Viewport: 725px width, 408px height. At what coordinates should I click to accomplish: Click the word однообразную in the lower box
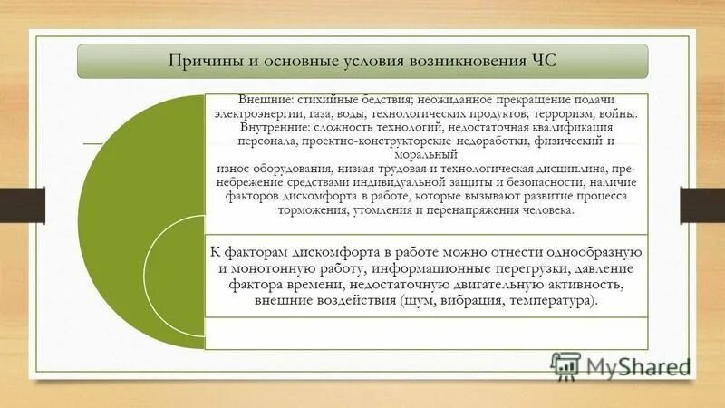pos(592,251)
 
